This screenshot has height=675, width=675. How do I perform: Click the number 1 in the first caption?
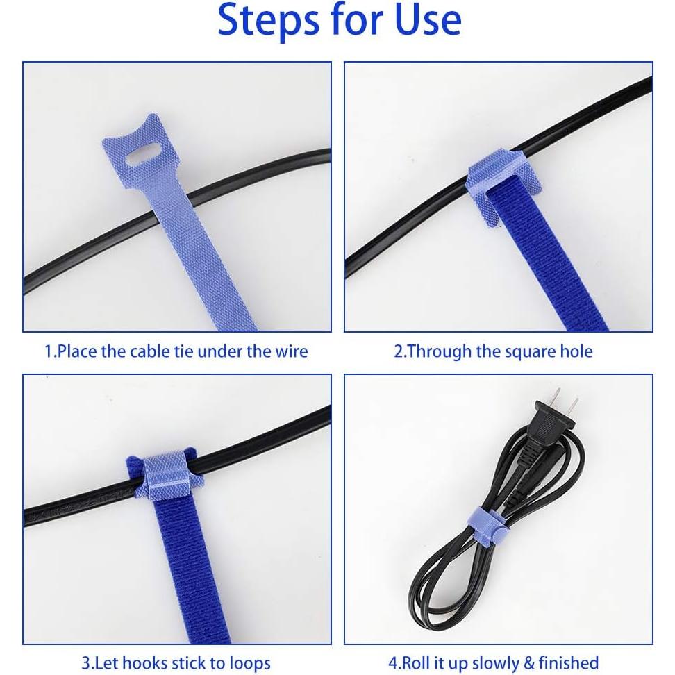[x=49, y=351]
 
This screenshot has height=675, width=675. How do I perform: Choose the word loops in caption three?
[x=248, y=662]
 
